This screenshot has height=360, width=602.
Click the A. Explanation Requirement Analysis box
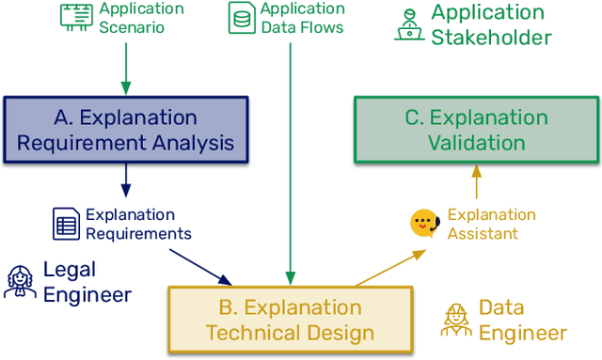[126, 130]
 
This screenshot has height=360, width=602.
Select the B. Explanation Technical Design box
[290, 320]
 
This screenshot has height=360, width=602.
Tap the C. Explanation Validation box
[476, 130]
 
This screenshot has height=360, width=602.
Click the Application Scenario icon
[76, 15]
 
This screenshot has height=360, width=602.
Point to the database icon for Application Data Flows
[242, 16]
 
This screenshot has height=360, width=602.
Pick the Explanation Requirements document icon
[65, 224]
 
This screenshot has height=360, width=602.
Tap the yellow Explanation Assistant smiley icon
[424, 224]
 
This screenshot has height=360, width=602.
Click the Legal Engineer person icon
[19, 282]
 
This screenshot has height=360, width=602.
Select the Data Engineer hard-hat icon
[455, 320]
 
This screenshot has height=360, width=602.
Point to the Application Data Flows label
[301, 18]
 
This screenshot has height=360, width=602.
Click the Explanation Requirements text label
[138, 224]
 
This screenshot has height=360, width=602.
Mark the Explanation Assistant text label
[491, 224]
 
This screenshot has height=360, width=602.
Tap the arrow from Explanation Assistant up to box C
[476, 183]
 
